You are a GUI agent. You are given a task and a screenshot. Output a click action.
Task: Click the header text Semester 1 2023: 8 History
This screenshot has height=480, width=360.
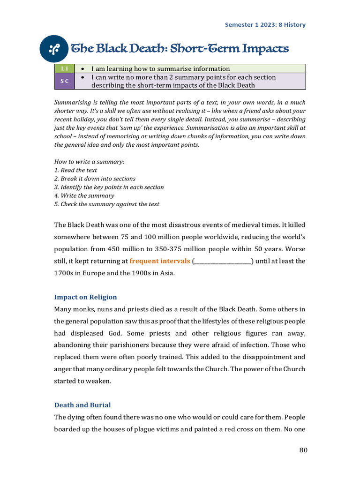coord(265,25)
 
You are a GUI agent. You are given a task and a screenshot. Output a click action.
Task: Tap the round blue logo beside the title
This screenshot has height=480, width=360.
coord(54,48)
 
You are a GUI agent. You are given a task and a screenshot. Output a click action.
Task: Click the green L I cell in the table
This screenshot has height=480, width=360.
coord(64,68)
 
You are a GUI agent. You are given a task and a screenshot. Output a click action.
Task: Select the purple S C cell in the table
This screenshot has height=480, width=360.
coord(64,81)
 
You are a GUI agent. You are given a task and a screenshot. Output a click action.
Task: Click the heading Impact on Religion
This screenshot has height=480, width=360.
coord(86,297)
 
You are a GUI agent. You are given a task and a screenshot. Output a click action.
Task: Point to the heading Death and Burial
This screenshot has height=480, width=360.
coord(82,405)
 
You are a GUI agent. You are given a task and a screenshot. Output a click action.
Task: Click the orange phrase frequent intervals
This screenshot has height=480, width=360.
coord(160,261)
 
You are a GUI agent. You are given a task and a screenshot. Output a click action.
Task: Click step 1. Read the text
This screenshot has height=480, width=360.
coord(76,170)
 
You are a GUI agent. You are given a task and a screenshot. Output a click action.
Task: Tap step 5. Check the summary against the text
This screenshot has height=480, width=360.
coord(107,204)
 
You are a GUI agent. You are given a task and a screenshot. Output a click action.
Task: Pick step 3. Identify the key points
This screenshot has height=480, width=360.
coord(109,187)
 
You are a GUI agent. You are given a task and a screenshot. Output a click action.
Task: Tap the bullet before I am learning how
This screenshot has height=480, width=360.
coord(82,68)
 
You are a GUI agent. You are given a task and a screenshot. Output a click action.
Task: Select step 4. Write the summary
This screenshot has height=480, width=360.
coord(84,195)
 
